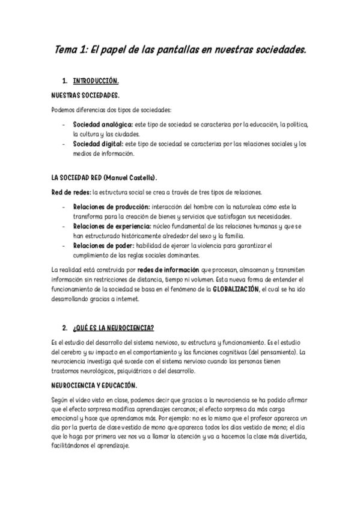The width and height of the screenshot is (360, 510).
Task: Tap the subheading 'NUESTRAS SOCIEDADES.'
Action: [x=85, y=95]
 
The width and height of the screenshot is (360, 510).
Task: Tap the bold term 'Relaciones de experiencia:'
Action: [x=113, y=226]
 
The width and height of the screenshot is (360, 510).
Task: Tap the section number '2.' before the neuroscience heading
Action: [x=64, y=328]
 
